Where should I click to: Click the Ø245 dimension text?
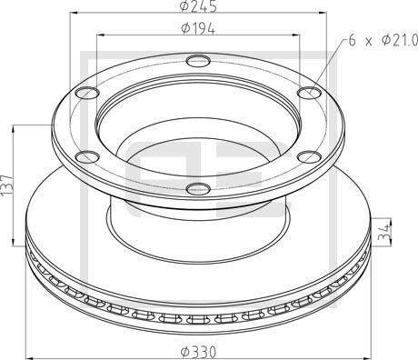[199, 7]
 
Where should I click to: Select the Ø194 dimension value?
[197, 29]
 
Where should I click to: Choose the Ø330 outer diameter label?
[199, 351]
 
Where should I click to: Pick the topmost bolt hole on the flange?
[198, 62]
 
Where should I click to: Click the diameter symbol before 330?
[184, 351]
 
